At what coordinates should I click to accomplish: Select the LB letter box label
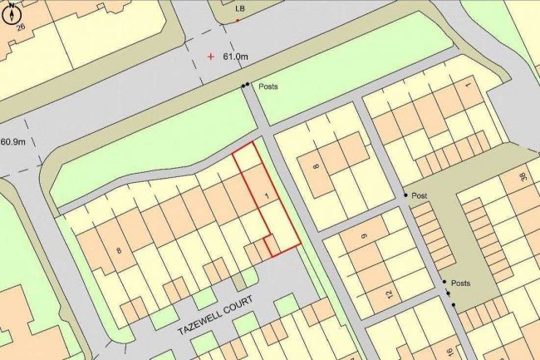[x=241, y=8]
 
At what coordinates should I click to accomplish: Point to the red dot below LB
[x=238, y=21]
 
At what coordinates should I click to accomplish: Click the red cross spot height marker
[x=211, y=57]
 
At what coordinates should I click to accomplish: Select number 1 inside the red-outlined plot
[x=265, y=195]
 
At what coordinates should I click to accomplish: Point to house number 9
[x=364, y=236]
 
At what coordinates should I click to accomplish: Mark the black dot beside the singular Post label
[x=406, y=195]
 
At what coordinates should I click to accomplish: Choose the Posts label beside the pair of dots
[x=268, y=86]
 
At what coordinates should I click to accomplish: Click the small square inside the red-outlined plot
[x=269, y=246]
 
